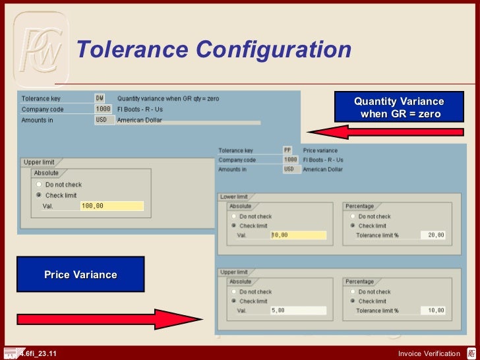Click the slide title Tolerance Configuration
click(x=213, y=50)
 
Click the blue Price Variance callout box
click(x=80, y=274)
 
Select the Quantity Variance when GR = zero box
click(x=398, y=107)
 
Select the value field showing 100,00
click(x=111, y=206)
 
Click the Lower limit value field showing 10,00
click(x=298, y=235)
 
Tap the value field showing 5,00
click(x=298, y=311)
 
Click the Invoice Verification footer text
click(x=429, y=354)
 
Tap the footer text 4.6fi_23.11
click(x=38, y=354)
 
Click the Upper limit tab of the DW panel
click(x=39, y=162)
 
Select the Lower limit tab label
click(x=234, y=196)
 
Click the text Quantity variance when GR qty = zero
click(x=168, y=98)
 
